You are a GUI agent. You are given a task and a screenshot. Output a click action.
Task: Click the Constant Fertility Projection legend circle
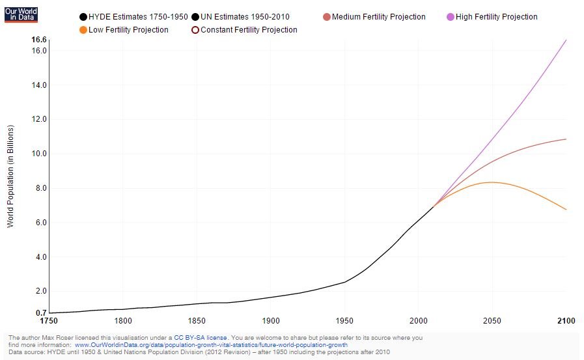click(195, 30)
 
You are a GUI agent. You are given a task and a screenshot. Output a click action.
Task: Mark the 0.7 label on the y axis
click(41, 313)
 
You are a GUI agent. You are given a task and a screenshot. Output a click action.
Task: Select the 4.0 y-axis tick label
click(41, 257)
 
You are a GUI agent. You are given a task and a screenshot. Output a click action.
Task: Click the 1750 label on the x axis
click(49, 321)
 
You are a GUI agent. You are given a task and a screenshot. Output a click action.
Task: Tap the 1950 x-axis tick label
click(345, 321)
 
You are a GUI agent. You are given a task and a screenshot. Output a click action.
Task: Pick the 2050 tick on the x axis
click(492, 321)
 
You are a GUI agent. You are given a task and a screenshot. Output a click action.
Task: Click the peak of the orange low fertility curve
click(491, 182)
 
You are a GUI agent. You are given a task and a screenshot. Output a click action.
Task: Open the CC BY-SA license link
click(201, 338)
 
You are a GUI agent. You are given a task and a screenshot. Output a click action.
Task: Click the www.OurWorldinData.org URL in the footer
click(211, 345)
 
